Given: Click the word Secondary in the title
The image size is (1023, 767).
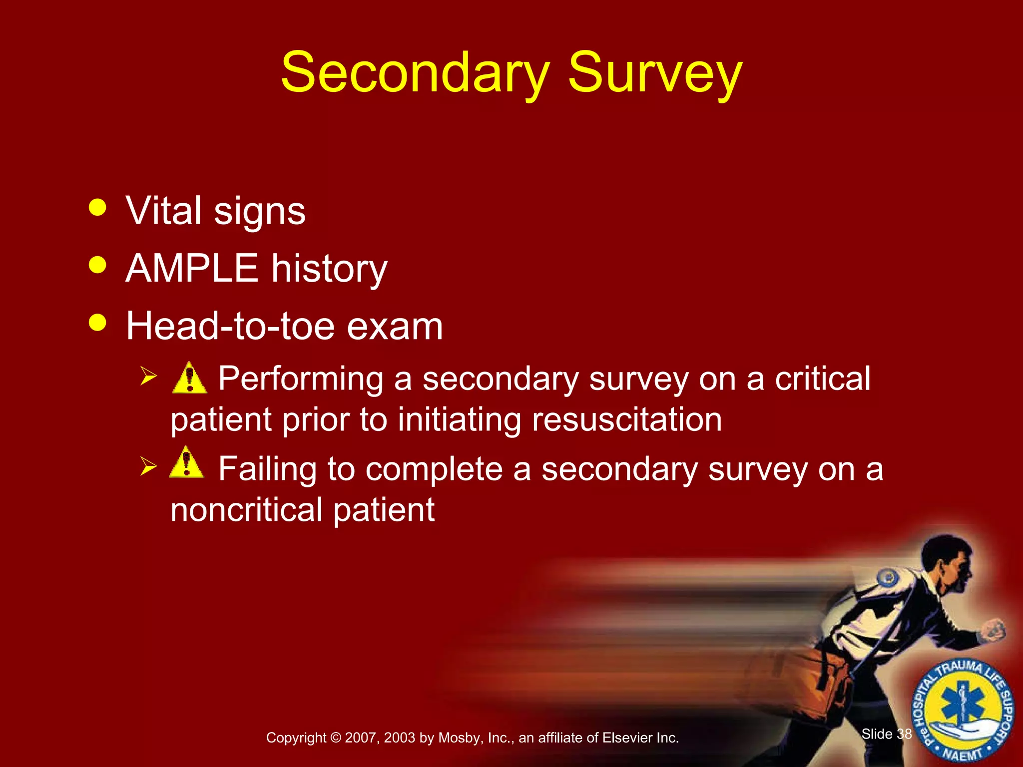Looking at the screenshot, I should (415, 73).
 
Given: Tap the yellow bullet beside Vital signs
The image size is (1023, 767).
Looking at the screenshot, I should (97, 207).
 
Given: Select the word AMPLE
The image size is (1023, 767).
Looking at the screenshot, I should (191, 268).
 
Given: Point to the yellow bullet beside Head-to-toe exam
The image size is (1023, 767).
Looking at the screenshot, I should (97, 322).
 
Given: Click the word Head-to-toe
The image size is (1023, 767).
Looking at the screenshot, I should (230, 326).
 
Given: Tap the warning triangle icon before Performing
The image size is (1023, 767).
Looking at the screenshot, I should (189, 379).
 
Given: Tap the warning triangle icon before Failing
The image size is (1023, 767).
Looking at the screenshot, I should (187, 463).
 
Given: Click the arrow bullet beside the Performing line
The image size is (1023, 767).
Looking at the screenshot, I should (149, 376).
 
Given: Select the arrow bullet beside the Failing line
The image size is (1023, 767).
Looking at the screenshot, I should (149, 466).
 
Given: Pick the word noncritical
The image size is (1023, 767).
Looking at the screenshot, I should (247, 510).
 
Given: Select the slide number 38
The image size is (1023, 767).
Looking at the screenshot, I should (904, 734).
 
